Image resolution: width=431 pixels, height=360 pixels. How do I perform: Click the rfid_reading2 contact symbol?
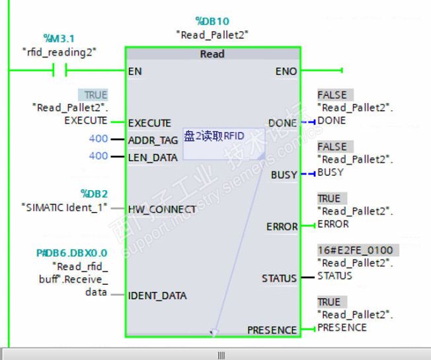[59, 70]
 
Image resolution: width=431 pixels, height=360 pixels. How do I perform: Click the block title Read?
[212, 54]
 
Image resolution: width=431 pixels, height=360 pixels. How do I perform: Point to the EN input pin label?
[134, 71]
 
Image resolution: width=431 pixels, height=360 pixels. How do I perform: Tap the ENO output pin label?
[286, 71]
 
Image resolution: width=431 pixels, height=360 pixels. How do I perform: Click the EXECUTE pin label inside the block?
[149, 123]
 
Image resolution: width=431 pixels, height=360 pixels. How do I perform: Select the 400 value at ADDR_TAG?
[98, 139]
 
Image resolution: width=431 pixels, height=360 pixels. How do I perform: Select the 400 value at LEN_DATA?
[98, 156]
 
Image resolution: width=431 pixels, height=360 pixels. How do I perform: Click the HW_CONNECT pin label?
[161, 209]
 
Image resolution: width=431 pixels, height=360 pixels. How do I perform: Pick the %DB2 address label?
[94, 194]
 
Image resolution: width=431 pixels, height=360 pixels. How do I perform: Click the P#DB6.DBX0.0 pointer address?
[71, 253]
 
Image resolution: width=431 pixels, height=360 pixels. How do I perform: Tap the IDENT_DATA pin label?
[157, 295]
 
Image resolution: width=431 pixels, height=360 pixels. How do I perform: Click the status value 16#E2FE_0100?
[354, 251]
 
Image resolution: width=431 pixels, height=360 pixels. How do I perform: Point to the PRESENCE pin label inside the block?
[272, 330]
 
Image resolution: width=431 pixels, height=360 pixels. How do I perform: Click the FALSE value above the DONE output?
[332, 95]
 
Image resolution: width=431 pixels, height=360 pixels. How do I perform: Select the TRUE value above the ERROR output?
[329, 198]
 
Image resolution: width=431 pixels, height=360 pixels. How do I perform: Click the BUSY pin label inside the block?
[284, 175]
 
